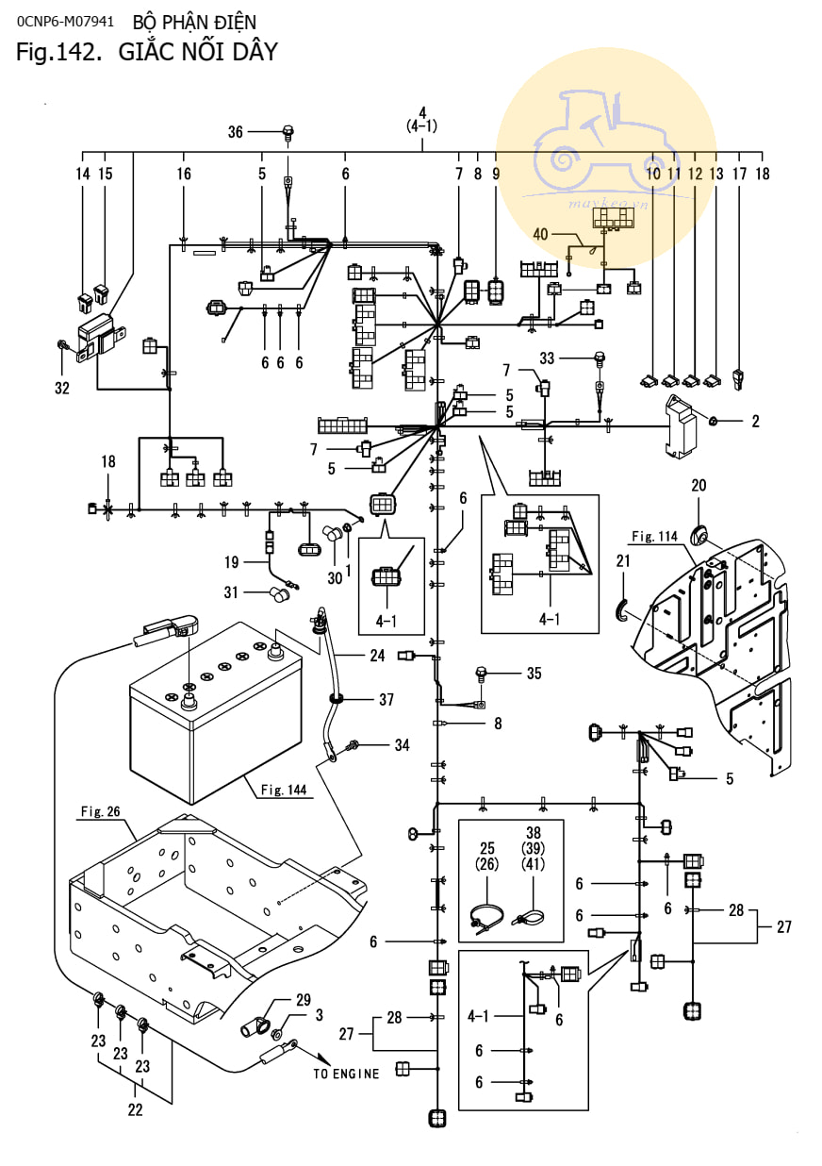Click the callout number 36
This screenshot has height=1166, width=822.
[x=236, y=133]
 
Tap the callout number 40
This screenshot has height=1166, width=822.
[x=540, y=233]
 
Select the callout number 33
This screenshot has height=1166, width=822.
[x=573, y=358]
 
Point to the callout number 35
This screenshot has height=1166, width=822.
[x=534, y=674]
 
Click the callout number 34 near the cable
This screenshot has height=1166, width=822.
[x=403, y=745]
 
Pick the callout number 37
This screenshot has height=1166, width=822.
[x=386, y=700]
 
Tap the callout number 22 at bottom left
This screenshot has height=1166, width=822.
[x=135, y=1109]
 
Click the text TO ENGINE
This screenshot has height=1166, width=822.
[x=347, y=1074]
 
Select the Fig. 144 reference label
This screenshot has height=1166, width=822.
[x=282, y=791]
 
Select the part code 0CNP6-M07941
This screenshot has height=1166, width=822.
[x=65, y=21]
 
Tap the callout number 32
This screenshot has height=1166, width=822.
[x=62, y=387]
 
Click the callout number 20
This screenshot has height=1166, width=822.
[x=699, y=486]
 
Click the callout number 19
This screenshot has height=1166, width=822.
[x=232, y=562]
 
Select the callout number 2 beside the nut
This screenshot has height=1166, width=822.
[x=755, y=422]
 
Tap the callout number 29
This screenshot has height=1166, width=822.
[x=303, y=999]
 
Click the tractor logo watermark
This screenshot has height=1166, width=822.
[x=603, y=146]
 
